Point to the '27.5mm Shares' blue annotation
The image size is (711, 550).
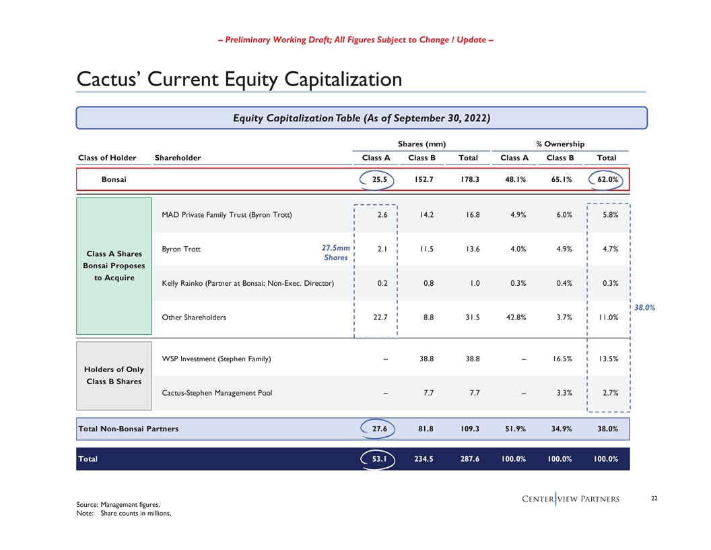coord(335,253)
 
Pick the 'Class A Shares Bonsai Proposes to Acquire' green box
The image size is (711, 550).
coord(114,266)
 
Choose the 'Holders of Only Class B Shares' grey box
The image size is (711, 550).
coord(114,375)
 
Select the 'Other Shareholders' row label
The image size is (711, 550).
coord(194,317)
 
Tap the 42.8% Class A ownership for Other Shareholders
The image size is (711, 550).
coord(517,317)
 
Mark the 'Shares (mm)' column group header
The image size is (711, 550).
coord(421,143)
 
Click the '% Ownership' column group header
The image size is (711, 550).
coord(560,143)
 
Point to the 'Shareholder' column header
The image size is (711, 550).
coord(178,158)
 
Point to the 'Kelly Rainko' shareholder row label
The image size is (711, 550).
coord(248,283)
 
